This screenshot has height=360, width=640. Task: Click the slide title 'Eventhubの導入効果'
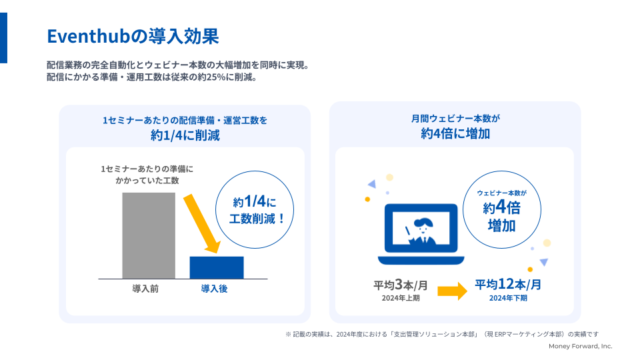point(133,36)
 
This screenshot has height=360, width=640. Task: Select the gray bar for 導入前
point(149,235)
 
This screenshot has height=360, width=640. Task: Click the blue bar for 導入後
point(217,267)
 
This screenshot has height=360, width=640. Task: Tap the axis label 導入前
point(145,289)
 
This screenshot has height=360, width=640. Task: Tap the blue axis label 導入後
point(214,289)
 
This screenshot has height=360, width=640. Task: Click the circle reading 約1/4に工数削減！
point(255,209)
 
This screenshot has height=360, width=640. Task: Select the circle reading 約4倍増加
point(502,209)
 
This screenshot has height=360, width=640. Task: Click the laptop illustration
point(421,234)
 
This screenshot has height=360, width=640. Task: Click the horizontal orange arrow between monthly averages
point(452,291)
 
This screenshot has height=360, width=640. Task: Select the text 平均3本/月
point(401,285)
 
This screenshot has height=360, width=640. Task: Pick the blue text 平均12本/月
point(508,284)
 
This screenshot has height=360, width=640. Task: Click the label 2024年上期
point(401,298)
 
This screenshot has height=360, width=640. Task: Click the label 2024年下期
point(508,298)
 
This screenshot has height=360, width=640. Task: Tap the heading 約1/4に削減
point(185,135)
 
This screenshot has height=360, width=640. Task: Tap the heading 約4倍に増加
point(455,133)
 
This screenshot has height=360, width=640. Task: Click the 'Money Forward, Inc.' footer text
point(581,346)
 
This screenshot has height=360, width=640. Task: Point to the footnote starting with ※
point(442,334)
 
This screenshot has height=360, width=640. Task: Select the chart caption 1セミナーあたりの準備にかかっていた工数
point(147,175)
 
